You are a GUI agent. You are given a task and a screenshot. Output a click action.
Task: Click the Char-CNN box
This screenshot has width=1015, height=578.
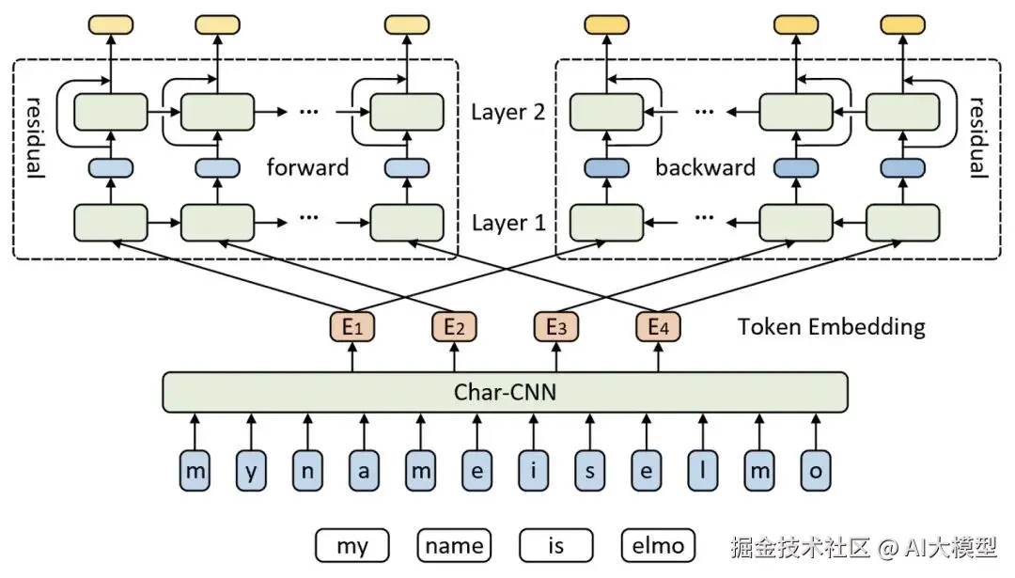[505, 392]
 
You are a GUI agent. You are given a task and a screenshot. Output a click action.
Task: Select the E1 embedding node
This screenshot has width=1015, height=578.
[352, 327]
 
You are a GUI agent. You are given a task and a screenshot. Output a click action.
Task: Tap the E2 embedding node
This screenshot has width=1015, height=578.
[455, 327]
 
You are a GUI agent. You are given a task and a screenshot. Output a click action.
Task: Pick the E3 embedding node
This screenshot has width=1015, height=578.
[556, 327]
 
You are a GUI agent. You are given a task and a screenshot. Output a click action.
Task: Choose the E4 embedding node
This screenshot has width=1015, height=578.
[658, 327]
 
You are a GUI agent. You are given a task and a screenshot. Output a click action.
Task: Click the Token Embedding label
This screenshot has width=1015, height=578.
[831, 327]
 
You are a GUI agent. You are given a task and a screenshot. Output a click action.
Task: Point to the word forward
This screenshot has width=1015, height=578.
[307, 168]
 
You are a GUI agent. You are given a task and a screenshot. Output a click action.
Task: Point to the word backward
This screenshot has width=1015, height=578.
[705, 168]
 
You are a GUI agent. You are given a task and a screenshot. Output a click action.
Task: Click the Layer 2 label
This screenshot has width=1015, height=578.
[507, 113]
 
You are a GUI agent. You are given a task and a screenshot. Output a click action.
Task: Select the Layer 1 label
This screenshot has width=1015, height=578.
[507, 224]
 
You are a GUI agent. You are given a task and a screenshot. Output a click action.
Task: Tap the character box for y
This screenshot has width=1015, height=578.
[250, 471]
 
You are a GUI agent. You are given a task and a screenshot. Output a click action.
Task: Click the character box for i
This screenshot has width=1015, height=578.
[534, 471]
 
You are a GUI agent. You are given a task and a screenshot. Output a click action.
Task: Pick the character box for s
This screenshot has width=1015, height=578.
[589, 471]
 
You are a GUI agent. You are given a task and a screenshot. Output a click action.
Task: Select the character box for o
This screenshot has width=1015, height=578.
[814, 471]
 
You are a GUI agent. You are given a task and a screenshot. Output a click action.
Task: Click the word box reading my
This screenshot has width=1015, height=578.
[352, 545]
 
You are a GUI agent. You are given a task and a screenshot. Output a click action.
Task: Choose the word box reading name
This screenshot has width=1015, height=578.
[455, 545]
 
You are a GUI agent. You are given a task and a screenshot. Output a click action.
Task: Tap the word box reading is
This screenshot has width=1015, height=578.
[556, 545]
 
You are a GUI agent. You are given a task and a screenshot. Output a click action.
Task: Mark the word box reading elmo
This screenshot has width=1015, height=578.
[658, 545]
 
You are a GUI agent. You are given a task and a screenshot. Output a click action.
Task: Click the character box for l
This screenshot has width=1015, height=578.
[702, 471]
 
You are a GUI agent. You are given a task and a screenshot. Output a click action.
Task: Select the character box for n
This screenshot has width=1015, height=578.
[307, 471]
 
